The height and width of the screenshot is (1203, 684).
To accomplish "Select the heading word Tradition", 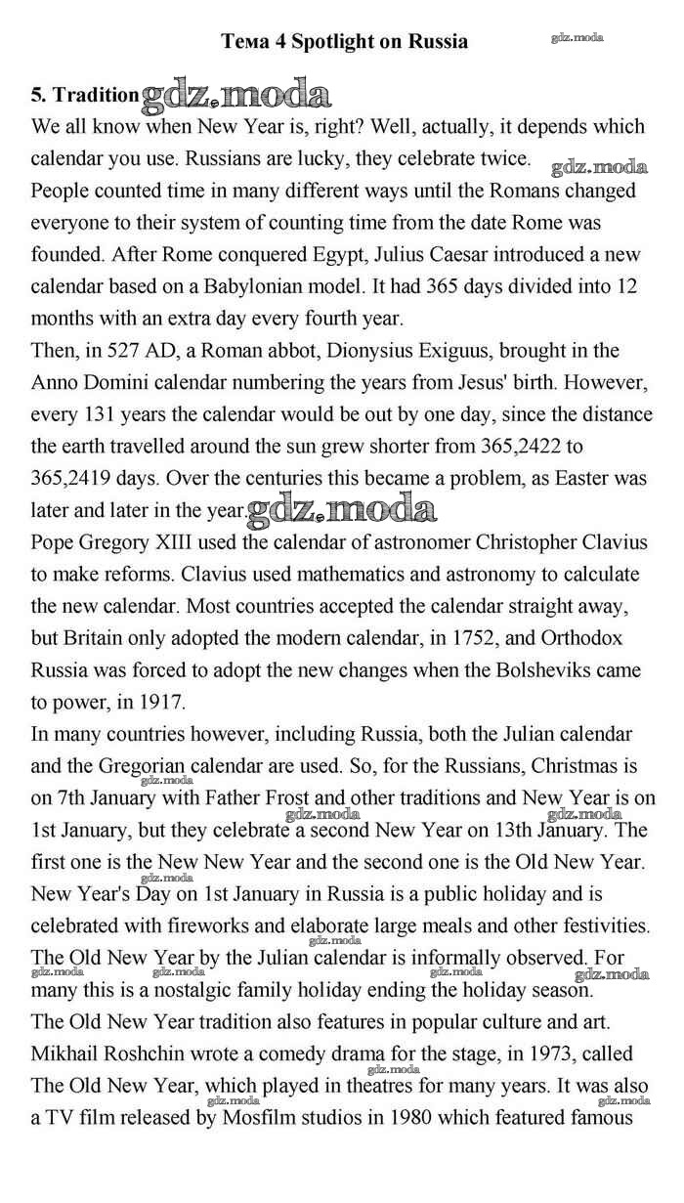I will click(96, 95).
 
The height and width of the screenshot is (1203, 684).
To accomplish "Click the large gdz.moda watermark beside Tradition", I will click(236, 96).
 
